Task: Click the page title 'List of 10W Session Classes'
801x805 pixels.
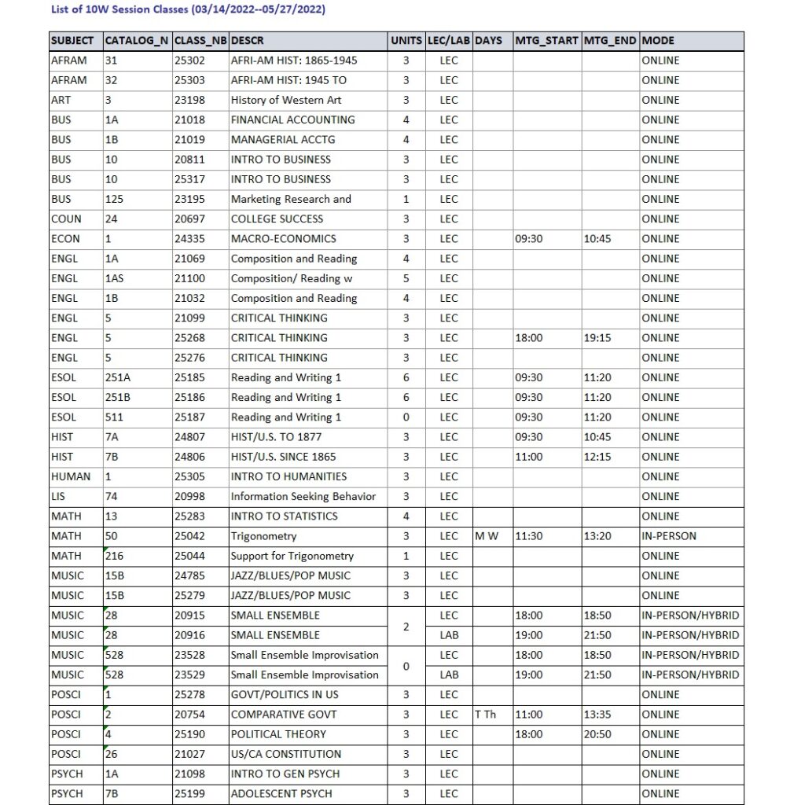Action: pos(187,9)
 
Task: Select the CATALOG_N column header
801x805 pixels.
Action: pos(137,41)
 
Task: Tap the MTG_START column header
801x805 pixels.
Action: pos(546,41)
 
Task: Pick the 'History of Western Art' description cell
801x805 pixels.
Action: pos(285,100)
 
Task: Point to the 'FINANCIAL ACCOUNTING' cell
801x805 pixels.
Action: pos(292,119)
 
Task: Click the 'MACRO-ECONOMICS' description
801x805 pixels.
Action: pos(283,238)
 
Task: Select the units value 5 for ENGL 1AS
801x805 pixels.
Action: pos(406,278)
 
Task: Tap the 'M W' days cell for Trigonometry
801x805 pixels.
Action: pos(487,536)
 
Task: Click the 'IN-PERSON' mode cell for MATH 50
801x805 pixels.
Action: pos(669,536)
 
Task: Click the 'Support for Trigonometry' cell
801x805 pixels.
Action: pos(292,556)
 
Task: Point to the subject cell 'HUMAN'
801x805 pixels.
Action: pos(71,476)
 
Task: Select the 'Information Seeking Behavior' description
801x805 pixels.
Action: pos(303,496)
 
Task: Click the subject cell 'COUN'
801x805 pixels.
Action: pos(66,219)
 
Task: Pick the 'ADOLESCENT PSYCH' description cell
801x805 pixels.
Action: pos(281,793)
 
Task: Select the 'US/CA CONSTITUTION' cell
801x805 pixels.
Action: pos(286,754)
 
